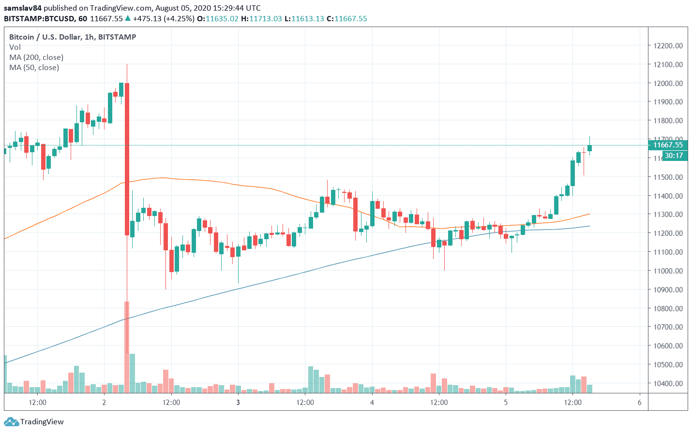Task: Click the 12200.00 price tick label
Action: coord(668,46)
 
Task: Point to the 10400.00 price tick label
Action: coord(668,384)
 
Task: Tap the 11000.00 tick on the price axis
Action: coord(668,271)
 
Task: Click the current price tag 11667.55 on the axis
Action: coord(668,145)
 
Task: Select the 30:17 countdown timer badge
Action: coord(674,156)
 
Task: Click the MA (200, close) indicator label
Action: coord(36,58)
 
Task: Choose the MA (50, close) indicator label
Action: coord(34,68)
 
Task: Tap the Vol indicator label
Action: coord(15,47)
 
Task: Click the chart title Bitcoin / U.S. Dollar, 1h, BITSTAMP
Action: coord(73,37)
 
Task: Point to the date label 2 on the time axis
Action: coord(104,403)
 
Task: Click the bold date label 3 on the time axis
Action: coord(238,403)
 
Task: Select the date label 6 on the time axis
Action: coord(639,403)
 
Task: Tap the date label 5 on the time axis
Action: coord(506,403)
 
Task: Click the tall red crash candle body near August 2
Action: coord(127,159)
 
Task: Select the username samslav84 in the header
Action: coord(23,8)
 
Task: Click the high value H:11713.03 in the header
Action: coord(261,19)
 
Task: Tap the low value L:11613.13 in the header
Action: coord(304,19)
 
